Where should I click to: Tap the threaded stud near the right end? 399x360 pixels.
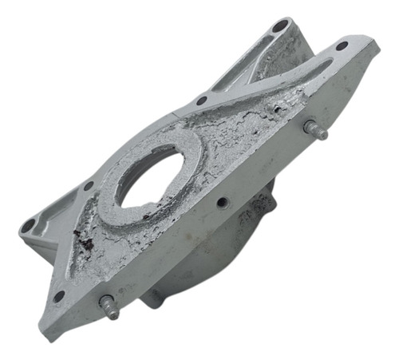pos(316,130)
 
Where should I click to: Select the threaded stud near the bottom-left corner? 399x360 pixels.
pos(109,307)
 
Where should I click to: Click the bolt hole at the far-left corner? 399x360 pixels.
pos(29,226)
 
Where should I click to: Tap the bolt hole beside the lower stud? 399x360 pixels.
pos(59,296)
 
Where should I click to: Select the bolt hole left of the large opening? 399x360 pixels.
pos(88,185)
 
